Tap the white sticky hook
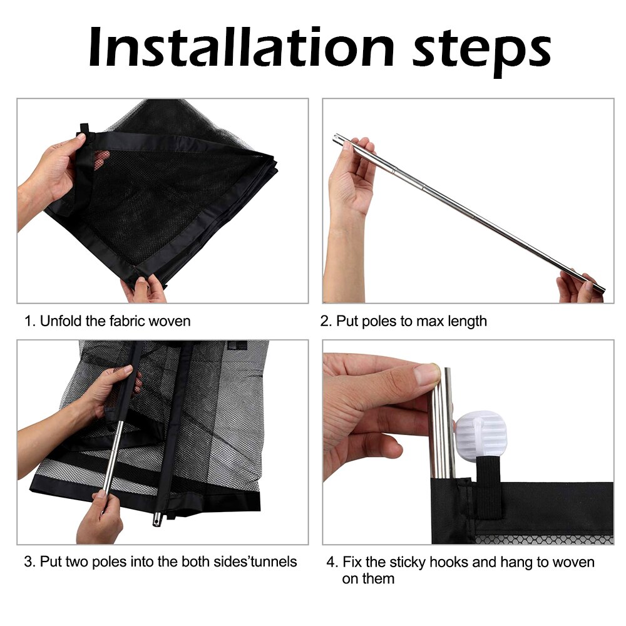[x=480, y=434]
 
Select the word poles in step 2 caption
[x=378, y=321]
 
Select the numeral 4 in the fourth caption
[x=330, y=562]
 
